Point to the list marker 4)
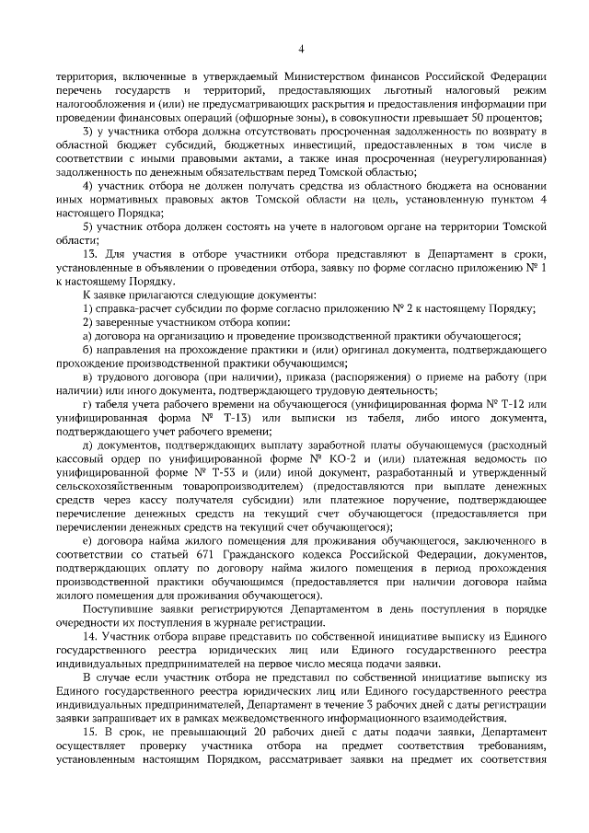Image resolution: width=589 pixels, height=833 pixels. pos(89,185)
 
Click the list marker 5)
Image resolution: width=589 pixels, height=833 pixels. pos(89,226)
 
